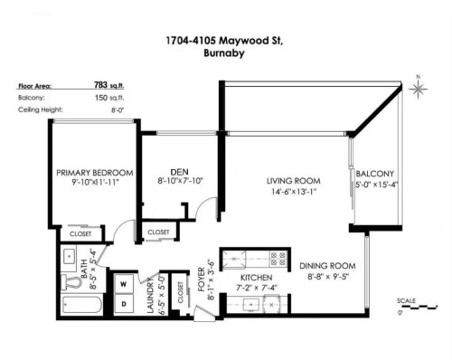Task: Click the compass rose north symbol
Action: click(419, 88)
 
